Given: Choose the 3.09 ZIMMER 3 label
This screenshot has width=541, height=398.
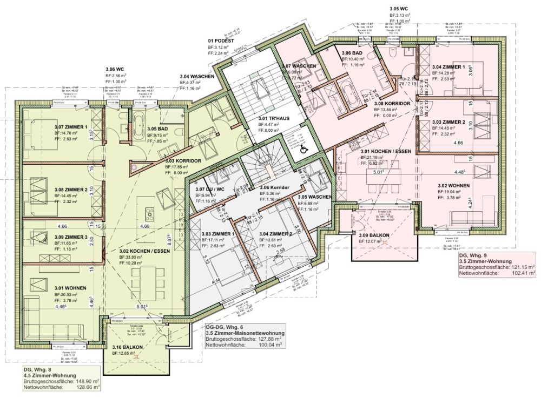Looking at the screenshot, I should [71, 237].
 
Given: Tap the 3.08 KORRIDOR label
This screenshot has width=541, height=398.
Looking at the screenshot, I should [391, 103].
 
